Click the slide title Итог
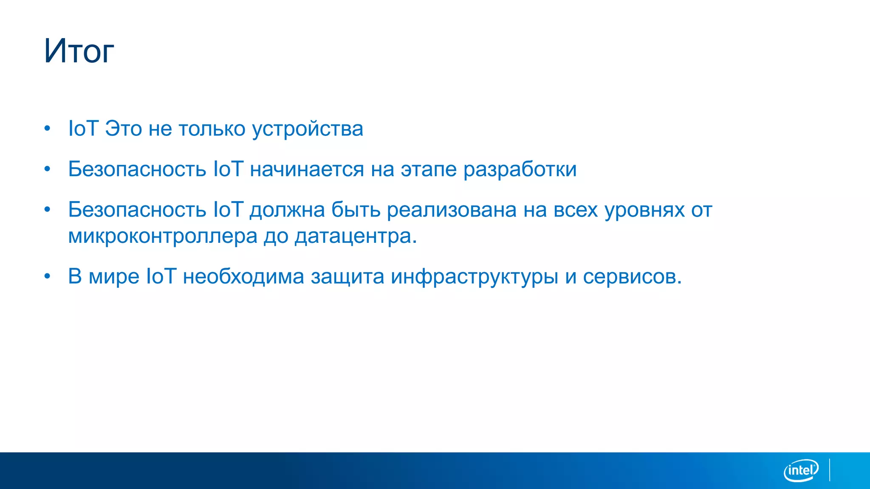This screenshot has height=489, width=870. click(79, 51)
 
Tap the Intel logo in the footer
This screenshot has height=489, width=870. click(801, 470)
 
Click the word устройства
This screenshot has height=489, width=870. click(308, 129)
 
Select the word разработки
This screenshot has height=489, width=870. click(520, 169)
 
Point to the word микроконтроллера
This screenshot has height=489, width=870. click(163, 236)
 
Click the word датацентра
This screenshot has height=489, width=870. click(356, 236)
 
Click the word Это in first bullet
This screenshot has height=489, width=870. click(123, 129)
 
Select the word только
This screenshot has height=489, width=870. click(212, 129)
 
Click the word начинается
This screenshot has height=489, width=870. click(307, 169)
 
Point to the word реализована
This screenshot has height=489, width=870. click(452, 210)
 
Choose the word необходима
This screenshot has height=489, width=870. click(243, 277)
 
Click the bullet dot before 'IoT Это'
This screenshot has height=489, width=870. click(48, 129)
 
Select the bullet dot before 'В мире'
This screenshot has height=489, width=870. click(48, 277)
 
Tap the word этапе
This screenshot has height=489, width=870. click(429, 170)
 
